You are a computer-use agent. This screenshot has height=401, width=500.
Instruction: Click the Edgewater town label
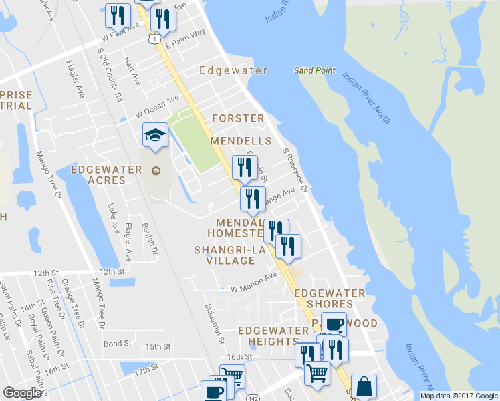[x=233, y=70]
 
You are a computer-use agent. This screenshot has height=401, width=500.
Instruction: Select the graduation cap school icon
[x=155, y=137]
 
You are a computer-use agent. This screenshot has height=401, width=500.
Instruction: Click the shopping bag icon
[x=364, y=386]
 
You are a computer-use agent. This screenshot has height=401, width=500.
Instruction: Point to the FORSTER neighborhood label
[x=238, y=118]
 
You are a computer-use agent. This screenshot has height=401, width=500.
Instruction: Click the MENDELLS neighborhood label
[x=241, y=141]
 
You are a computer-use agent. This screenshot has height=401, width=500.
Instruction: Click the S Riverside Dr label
[x=295, y=170]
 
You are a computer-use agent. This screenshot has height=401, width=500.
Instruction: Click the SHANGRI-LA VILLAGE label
[x=225, y=255]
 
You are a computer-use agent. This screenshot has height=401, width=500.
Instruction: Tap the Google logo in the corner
[x=22, y=393]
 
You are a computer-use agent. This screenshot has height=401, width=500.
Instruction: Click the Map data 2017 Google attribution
[x=459, y=396]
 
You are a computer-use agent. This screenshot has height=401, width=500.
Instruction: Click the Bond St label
[x=117, y=344]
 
